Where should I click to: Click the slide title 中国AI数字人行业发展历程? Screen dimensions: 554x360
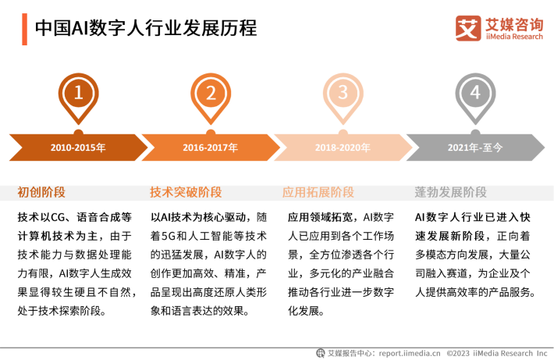(x=146, y=28)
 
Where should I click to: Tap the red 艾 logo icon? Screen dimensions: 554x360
(x=468, y=28)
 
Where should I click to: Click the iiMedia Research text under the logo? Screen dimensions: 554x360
(x=514, y=37)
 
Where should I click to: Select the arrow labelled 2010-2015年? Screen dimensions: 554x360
(x=79, y=147)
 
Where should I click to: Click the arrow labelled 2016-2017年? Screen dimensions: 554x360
(x=211, y=147)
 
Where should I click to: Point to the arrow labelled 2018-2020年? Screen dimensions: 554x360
(x=343, y=147)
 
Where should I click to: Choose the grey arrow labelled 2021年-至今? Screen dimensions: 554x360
(x=475, y=147)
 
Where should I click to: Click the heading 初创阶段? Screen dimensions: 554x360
(x=41, y=192)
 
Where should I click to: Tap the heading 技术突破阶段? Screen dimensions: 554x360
(x=186, y=192)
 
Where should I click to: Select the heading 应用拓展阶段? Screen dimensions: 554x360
(x=318, y=192)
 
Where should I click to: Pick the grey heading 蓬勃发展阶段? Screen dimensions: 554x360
(x=450, y=192)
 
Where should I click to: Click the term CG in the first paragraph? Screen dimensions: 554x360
(x=58, y=217)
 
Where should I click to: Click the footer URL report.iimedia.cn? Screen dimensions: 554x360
(x=410, y=353)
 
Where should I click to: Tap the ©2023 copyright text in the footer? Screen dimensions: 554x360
(x=458, y=353)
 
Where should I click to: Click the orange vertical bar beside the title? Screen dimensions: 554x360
(x=24, y=30)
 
